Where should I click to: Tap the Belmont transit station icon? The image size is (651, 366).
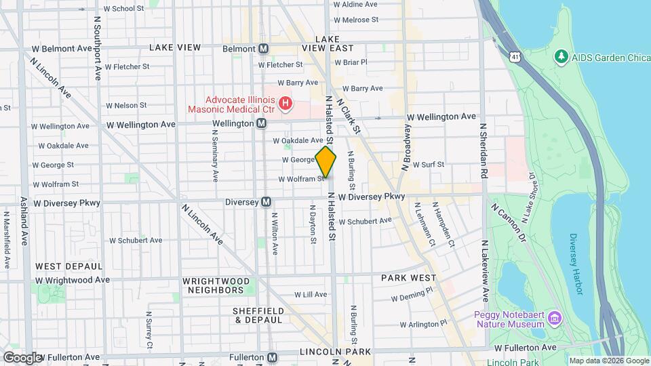point(264,49)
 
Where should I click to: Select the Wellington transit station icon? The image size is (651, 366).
point(261,124)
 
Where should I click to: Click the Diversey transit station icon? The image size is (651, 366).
point(267,202)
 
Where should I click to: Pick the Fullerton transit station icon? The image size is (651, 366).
point(272,357)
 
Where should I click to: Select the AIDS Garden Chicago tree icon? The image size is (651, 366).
point(561,56)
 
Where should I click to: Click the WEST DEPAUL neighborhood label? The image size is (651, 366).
point(69,266)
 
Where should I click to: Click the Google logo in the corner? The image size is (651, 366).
point(22,357)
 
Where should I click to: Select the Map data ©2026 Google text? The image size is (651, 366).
point(608,361)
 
